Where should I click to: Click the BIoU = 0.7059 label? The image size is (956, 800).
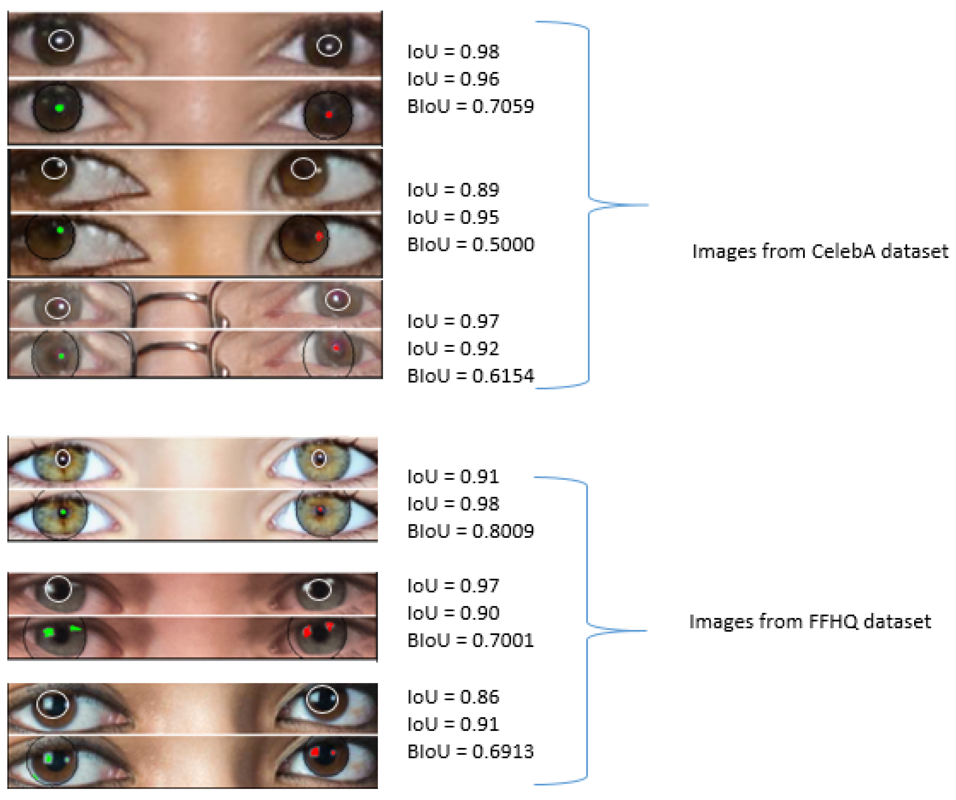(470, 106)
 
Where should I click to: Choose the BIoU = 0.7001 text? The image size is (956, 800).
(470, 640)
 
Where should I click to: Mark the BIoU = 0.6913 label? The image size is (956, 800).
(470, 751)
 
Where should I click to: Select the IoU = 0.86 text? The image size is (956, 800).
(453, 697)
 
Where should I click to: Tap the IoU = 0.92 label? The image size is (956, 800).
(453, 349)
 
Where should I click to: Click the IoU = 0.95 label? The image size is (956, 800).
(453, 217)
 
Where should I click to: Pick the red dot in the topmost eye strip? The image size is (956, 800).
(329, 115)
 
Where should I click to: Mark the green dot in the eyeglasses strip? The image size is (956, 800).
(61, 356)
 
